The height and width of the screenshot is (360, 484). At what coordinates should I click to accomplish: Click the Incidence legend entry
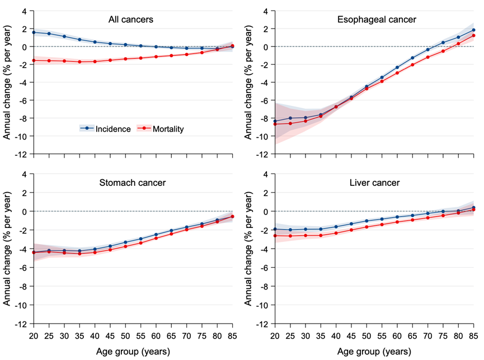point(106,129)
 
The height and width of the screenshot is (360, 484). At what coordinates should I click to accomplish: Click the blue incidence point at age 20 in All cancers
point(34,32)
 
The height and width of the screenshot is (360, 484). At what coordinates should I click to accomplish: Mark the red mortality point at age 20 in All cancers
point(34,60)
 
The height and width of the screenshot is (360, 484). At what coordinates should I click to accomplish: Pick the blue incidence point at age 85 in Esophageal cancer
point(474,30)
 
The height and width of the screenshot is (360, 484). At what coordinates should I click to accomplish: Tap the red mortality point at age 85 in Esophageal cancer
point(474,36)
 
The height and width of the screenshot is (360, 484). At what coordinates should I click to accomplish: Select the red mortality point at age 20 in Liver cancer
point(274,236)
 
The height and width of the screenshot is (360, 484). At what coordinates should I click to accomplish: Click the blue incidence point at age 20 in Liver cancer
point(274,229)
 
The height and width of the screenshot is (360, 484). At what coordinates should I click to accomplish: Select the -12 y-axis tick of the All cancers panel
point(21,154)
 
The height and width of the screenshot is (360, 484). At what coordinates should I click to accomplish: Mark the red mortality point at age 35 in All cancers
point(79,62)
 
